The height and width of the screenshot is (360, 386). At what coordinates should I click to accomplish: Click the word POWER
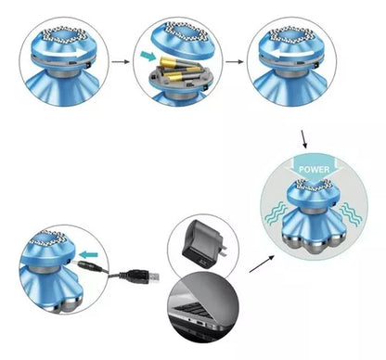(315, 170)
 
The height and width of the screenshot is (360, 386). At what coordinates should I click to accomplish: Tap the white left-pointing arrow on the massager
(292, 54)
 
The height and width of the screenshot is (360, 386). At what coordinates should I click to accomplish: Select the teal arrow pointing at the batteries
(148, 56)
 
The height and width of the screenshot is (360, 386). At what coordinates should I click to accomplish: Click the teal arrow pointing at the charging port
(89, 255)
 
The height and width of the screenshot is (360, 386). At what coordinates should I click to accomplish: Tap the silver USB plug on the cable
(155, 276)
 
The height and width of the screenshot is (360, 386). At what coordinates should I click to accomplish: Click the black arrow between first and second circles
(121, 61)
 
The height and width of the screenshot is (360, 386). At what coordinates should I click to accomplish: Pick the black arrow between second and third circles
(234, 61)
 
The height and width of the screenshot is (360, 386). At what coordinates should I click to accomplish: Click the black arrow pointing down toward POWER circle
(305, 139)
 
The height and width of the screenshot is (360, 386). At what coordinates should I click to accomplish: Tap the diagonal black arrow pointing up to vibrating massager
(262, 264)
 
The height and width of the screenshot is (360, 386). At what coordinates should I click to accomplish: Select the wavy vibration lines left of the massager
(276, 212)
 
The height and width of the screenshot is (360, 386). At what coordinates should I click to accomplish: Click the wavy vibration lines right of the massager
(351, 214)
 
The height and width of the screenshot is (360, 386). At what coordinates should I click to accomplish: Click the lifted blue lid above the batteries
(182, 41)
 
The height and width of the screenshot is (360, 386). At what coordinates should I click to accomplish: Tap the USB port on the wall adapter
(203, 263)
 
